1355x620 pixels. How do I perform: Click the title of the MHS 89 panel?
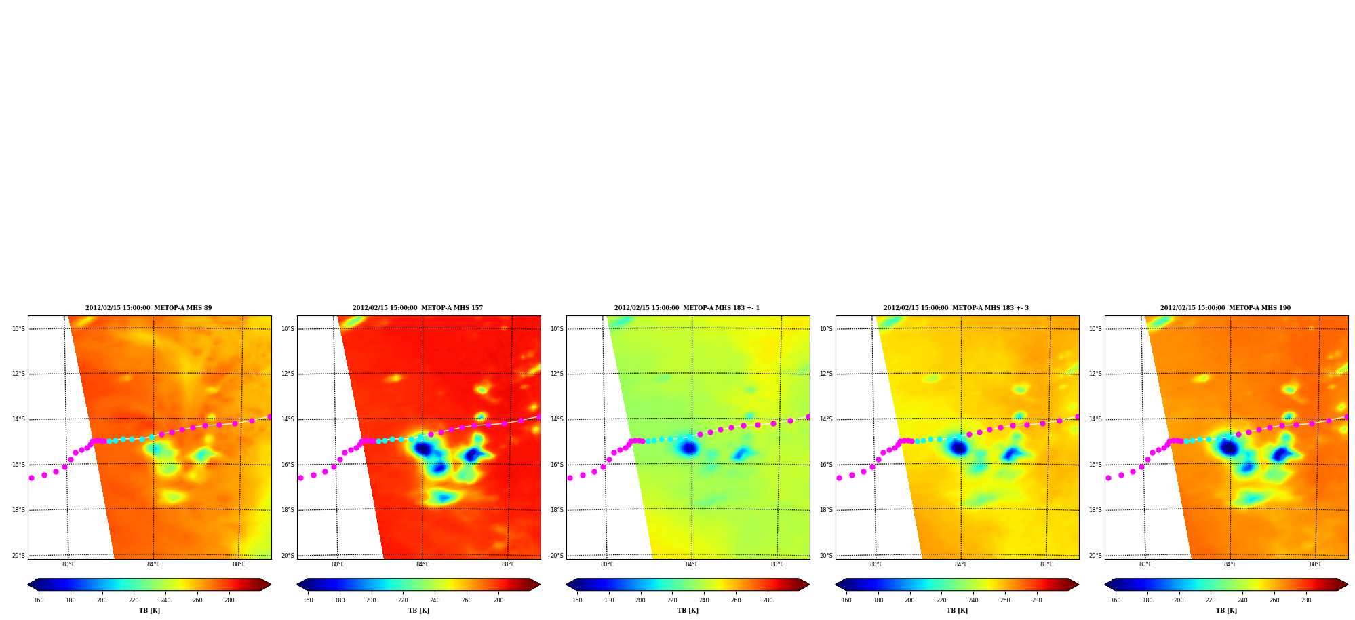(x=149, y=308)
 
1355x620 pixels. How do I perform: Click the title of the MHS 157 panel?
(x=418, y=308)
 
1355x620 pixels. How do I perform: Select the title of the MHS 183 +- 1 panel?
(x=687, y=308)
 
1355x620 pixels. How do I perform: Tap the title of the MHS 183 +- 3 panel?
(x=956, y=308)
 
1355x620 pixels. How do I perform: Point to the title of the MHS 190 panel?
(x=1225, y=308)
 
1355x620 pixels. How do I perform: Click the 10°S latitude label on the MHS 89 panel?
(x=18, y=329)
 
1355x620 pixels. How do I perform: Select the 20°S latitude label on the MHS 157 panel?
(x=288, y=556)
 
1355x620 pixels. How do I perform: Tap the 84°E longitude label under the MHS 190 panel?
(x=1230, y=564)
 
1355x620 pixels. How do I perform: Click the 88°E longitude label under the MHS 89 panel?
(x=239, y=564)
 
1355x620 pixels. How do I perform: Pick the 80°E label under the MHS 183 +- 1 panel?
(x=607, y=564)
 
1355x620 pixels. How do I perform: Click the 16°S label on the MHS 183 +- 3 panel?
(x=826, y=465)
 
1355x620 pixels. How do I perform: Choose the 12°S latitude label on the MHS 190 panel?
(x=1095, y=374)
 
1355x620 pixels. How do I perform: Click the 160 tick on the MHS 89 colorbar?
(x=39, y=600)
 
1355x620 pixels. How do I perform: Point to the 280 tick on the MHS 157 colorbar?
(x=498, y=600)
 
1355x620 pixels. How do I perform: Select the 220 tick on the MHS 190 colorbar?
(x=1211, y=600)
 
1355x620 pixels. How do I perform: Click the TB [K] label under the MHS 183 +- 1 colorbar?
(x=688, y=611)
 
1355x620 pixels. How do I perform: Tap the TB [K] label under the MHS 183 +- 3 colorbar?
(x=957, y=611)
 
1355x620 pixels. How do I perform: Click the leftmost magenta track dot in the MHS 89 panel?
(x=31, y=478)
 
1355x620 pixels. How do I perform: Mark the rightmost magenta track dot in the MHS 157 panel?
(x=538, y=417)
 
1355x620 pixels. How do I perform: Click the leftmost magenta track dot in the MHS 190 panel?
(x=1108, y=478)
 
